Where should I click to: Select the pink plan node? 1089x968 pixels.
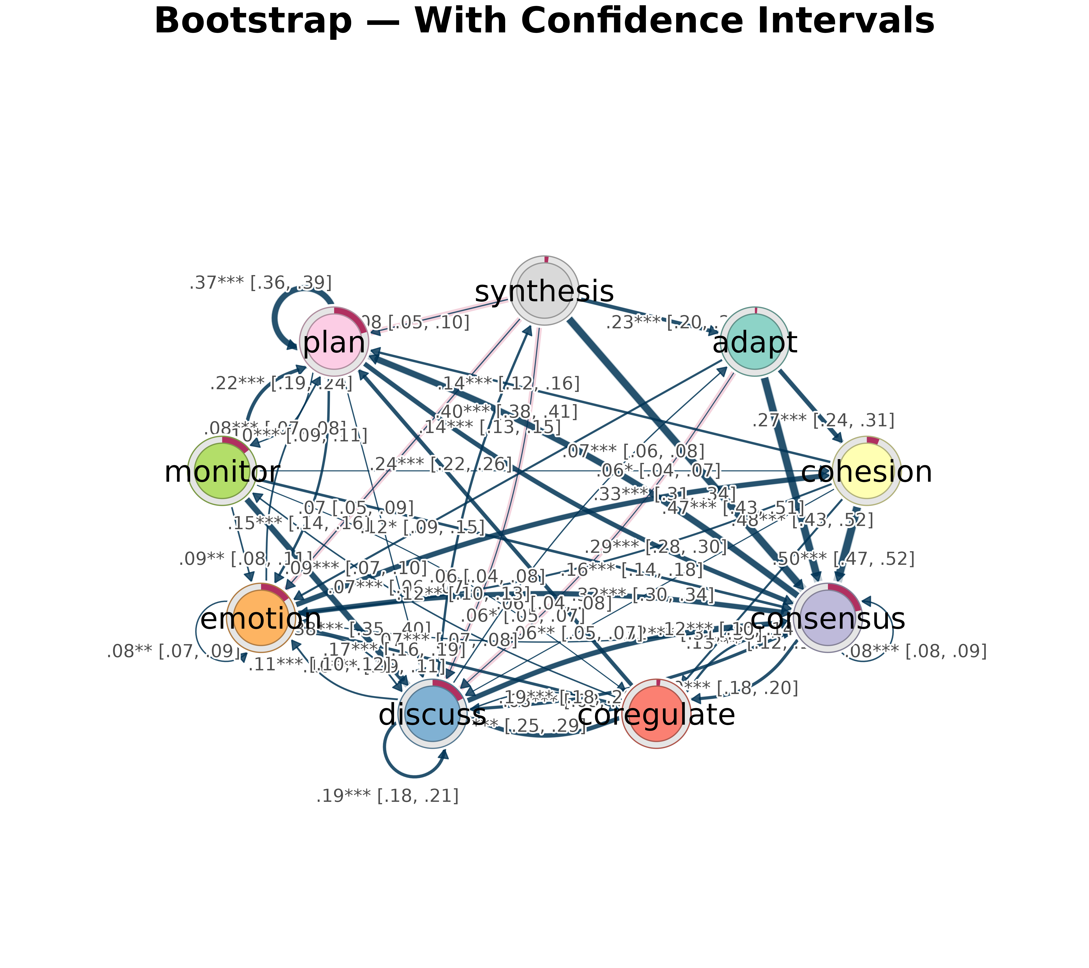(x=334, y=341)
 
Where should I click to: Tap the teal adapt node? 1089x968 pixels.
(x=754, y=341)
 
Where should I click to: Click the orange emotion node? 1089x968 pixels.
(x=261, y=618)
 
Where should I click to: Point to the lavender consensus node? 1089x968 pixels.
(x=827, y=618)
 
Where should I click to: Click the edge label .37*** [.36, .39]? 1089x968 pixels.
(x=261, y=283)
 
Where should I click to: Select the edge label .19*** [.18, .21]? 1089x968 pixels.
(x=387, y=796)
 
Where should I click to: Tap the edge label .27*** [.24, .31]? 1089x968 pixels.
(x=823, y=421)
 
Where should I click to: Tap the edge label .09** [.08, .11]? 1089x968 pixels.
(x=245, y=559)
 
